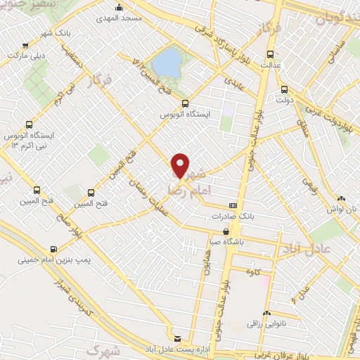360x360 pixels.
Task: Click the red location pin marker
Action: coord(181,167)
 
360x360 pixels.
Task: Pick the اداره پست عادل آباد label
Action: coord(177,349)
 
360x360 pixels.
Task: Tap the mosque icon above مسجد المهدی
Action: coord(119,8)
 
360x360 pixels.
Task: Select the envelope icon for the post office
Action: coord(177,339)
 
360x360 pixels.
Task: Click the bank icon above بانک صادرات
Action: coord(233,205)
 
